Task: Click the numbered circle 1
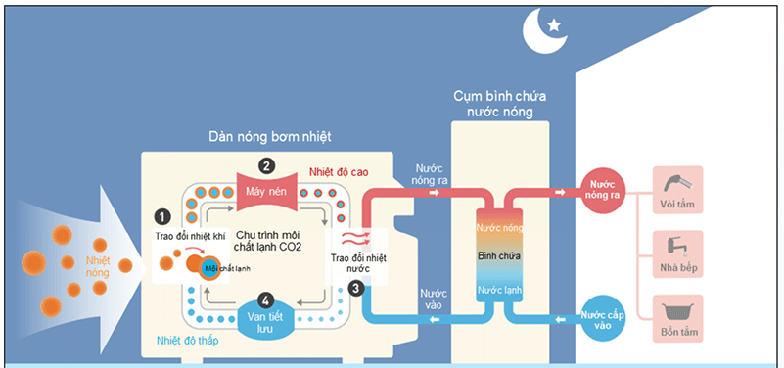[162, 214]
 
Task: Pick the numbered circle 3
[355, 287]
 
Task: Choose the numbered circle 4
[263, 299]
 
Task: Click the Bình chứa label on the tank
[497, 255]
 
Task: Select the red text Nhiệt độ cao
[338, 170]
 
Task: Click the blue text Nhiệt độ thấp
[188, 341]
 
